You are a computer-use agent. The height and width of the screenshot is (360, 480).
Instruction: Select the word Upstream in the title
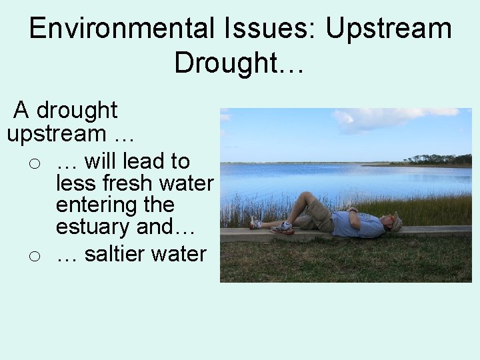click(389, 29)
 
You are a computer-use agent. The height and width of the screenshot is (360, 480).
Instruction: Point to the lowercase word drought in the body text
click(76, 110)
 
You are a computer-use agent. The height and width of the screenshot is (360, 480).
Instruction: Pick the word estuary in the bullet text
click(93, 227)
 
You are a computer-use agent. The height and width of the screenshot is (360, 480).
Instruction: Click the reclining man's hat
click(397, 221)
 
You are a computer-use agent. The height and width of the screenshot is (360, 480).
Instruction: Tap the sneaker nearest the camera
click(283, 228)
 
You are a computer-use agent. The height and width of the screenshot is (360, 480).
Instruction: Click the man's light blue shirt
click(356, 224)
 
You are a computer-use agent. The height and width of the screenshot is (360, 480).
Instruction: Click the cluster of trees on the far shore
click(437, 159)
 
